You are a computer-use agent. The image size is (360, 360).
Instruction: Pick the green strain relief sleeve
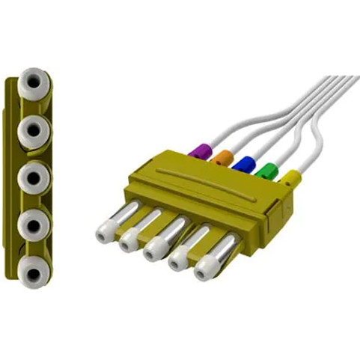(x=266, y=171)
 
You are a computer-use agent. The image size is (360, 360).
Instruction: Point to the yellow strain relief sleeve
(x=290, y=178)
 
